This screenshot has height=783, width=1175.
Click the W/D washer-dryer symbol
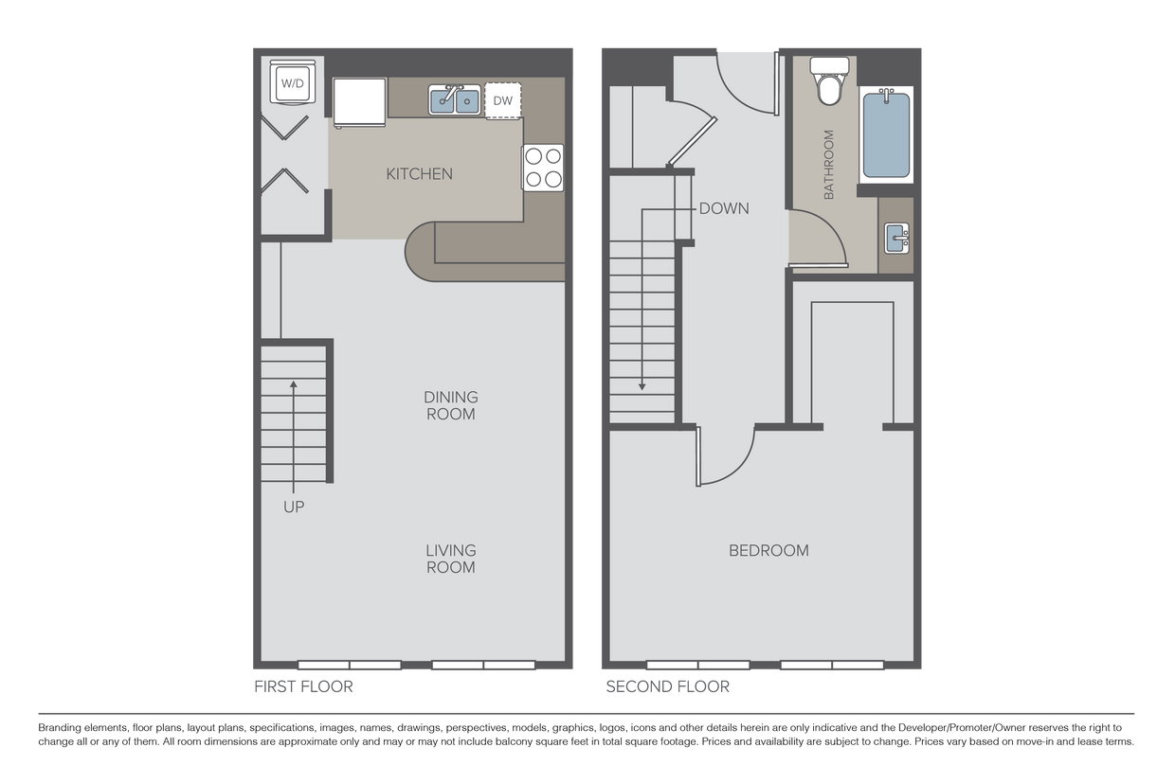click(x=292, y=84)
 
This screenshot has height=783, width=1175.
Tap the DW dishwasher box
click(x=502, y=100)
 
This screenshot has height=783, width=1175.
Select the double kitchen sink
click(x=455, y=99)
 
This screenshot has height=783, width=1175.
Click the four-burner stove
click(x=543, y=168)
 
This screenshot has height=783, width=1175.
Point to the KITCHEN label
click(x=419, y=174)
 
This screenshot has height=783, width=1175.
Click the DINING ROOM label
click(x=450, y=405)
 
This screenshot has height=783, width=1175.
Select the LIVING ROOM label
click(x=450, y=559)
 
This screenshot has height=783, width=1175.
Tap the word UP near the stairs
click(x=294, y=507)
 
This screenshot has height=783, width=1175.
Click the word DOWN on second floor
click(x=723, y=208)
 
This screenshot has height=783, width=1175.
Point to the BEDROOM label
click(x=768, y=550)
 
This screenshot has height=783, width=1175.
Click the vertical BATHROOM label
click(x=828, y=164)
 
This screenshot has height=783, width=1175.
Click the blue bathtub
click(x=886, y=135)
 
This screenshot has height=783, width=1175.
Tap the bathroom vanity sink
click(x=895, y=238)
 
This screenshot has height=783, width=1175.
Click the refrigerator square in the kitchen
click(x=360, y=100)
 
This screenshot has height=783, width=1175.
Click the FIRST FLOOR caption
click(x=303, y=687)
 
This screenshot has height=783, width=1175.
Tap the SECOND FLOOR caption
click(x=668, y=687)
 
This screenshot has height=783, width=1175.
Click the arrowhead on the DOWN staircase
click(x=642, y=385)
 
